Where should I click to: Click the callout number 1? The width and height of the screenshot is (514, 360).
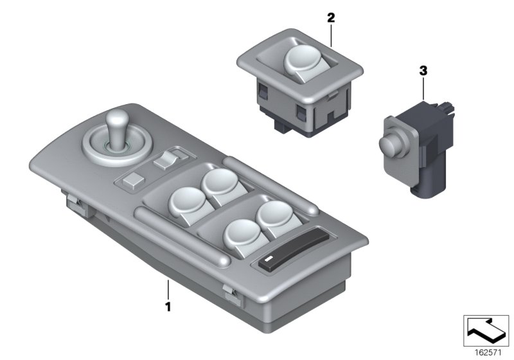click(x=168, y=307)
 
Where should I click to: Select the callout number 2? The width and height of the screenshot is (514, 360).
click(x=331, y=19)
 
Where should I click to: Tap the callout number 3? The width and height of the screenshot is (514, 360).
click(x=423, y=71)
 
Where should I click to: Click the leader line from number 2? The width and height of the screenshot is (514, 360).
click(x=331, y=35)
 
